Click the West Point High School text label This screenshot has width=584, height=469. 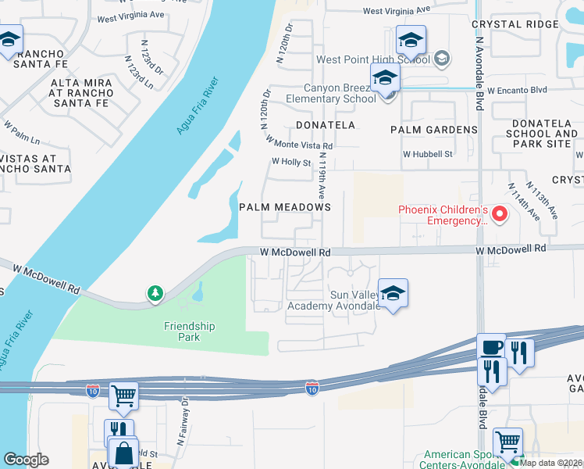point(372,59)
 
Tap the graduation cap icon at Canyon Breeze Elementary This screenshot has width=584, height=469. point(385,77)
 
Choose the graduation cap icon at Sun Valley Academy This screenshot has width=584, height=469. point(393,292)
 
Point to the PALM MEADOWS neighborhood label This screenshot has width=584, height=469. point(285,207)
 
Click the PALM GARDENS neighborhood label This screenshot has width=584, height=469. point(439,130)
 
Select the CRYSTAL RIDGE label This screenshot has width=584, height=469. point(515,24)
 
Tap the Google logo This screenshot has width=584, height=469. point(25,459)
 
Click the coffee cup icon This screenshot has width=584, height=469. point(491,347)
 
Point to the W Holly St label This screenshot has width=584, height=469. point(291,161)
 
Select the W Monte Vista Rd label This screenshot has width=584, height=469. point(299,141)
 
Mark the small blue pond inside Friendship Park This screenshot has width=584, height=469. point(197,292)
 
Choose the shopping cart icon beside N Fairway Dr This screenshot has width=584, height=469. point(123,396)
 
